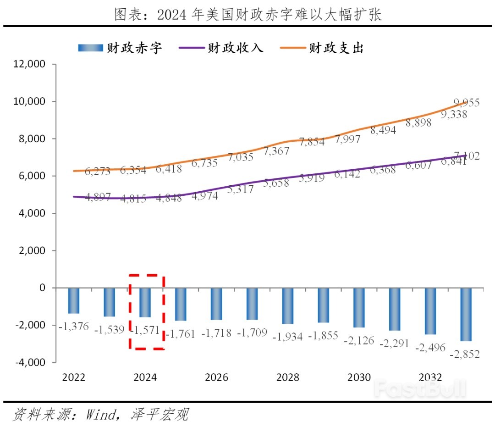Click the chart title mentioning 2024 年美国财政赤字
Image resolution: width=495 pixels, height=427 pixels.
tap(247, 15)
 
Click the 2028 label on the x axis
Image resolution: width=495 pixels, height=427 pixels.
tap(288, 377)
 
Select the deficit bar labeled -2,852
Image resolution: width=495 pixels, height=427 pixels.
tap(466, 314)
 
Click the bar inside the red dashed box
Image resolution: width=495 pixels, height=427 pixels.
tap(145, 302)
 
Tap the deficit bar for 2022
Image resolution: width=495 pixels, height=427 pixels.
tap(74, 300)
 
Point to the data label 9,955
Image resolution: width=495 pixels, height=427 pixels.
tap(467, 103)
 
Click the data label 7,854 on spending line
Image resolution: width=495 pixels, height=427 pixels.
tap(312, 142)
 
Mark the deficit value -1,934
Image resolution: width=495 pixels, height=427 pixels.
tap(287, 337)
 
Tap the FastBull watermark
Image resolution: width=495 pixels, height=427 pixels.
tap(419, 388)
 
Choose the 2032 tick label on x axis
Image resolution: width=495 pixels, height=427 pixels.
tap(430, 377)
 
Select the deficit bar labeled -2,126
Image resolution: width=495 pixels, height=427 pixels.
tap(359, 307)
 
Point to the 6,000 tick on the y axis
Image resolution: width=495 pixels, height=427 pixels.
tap(32, 176)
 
